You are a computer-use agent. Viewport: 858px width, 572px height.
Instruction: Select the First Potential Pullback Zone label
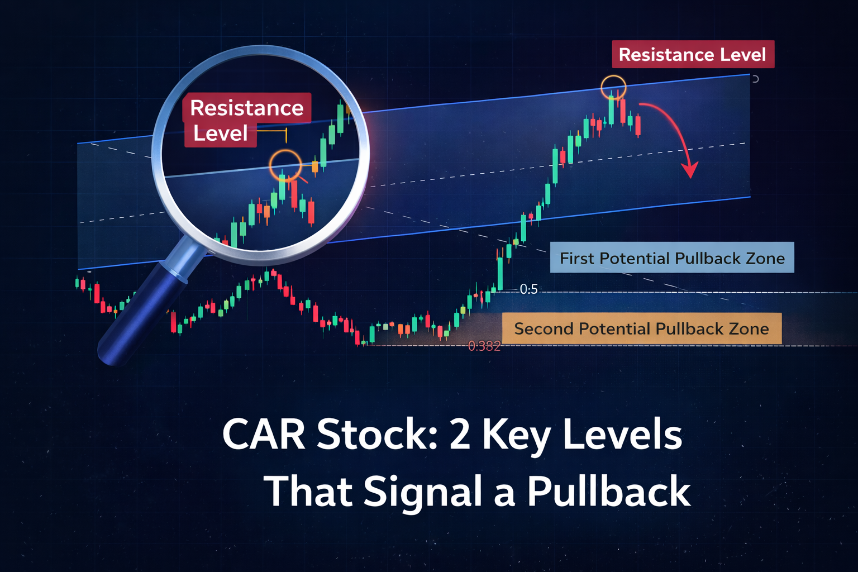click(x=672, y=258)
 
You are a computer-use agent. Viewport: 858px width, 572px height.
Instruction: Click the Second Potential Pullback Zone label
click(x=642, y=328)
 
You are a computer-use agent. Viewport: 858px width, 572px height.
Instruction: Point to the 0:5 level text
click(x=528, y=289)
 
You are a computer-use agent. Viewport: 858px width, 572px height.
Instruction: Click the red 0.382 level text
click(x=484, y=346)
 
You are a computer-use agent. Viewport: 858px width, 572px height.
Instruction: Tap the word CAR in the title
click(x=264, y=435)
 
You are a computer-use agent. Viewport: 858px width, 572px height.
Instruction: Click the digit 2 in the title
click(x=460, y=435)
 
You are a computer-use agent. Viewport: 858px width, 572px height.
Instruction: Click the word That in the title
click(x=308, y=491)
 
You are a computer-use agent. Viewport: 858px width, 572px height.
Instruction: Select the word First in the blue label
click(x=577, y=258)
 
